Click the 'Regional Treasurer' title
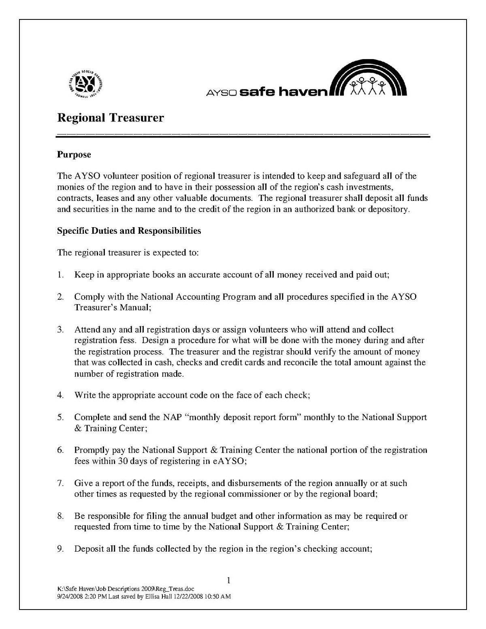click(x=111, y=118)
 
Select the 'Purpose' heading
click(x=74, y=154)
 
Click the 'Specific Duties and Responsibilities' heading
click(x=129, y=231)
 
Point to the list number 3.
click(x=60, y=330)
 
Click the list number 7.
click(x=60, y=483)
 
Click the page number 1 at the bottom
click(x=228, y=581)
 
